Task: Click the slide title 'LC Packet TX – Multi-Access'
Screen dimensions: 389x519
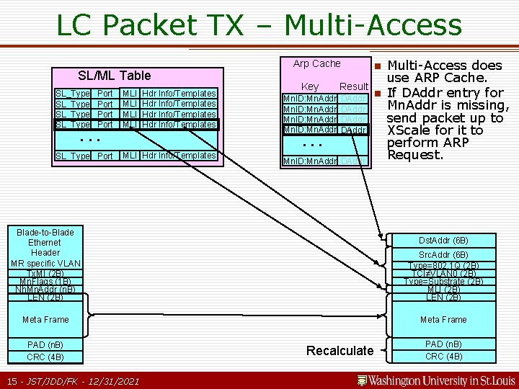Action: coord(259,25)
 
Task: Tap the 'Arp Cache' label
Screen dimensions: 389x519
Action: coord(316,63)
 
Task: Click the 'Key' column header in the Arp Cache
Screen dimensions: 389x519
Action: coord(310,86)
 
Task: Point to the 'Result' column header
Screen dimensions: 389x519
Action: coord(354,86)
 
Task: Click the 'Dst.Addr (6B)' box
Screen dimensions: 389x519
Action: coord(443,241)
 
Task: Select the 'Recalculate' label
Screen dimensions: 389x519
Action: coord(340,351)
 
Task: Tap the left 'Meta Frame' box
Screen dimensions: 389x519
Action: coord(45,319)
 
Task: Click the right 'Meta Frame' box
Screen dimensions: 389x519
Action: coord(443,319)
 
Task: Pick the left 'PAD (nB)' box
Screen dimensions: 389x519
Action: coord(45,344)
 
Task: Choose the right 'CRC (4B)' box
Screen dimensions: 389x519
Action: coord(443,357)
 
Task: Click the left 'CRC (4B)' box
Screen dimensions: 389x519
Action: coord(45,357)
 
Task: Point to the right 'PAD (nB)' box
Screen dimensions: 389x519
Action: coord(443,344)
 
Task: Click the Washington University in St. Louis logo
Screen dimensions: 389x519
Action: coord(437,380)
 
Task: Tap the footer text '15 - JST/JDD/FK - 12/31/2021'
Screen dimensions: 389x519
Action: coord(72,380)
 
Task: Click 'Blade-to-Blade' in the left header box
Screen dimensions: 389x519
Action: coord(45,232)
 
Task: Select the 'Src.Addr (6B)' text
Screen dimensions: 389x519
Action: coord(443,255)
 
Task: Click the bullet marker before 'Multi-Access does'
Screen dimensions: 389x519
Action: coord(376,66)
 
